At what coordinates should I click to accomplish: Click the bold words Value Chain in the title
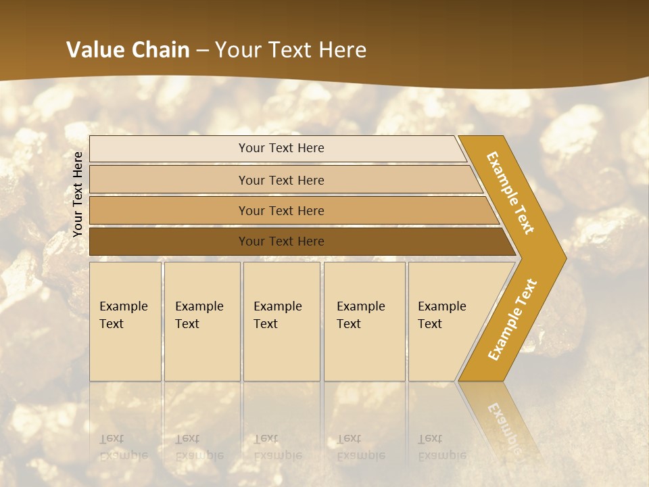coord(128,50)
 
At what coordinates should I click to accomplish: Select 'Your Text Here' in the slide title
coord(291,50)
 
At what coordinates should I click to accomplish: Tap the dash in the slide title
coord(202,51)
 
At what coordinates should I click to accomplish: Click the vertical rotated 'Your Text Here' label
coord(78,194)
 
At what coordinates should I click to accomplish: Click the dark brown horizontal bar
coord(169,241)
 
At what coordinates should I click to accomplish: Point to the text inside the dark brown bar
coord(281,241)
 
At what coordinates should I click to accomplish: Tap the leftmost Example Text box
coord(125,321)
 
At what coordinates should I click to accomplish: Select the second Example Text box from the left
coord(202,321)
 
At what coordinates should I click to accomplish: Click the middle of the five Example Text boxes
coord(281,321)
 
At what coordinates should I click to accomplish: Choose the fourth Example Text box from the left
coord(364,321)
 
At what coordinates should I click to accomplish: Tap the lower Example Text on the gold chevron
coord(512,319)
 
